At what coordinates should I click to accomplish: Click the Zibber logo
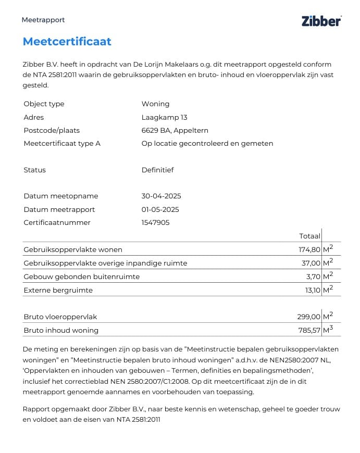[x=321, y=21]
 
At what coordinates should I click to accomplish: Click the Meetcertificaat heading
[x=67, y=42]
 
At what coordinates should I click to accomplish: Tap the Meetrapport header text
[x=43, y=20]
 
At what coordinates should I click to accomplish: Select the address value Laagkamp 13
[x=164, y=117]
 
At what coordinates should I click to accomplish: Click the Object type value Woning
[x=155, y=104]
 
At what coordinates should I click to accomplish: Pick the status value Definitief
[x=157, y=170]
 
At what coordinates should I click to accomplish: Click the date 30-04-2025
[x=161, y=196]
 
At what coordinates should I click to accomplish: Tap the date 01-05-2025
[x=160, y=209]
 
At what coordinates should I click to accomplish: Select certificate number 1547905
[x=155, y=222]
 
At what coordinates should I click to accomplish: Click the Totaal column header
[x=310, y=236]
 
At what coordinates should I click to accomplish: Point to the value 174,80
[x=309, y=249]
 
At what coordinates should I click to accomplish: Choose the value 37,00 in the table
[x=311, y=263]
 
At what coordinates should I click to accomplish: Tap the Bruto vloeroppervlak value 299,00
[x=308, y=317]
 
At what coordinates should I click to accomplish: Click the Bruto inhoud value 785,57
[x=308, y=330]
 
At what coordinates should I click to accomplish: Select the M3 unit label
[x=328, y=330]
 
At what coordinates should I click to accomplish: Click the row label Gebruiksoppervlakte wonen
[x=73, y=249]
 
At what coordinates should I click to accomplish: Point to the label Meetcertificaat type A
[x=62, y=143]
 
